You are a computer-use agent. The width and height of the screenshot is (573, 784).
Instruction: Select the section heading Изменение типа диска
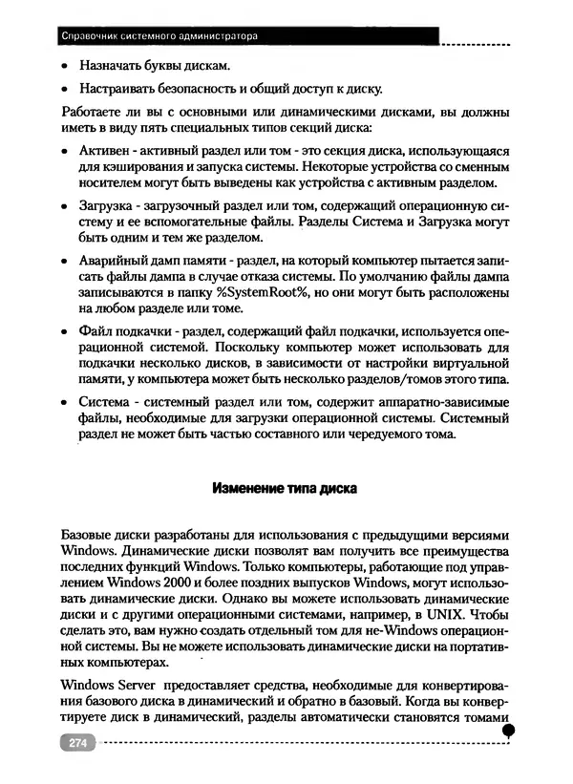pos(284,488)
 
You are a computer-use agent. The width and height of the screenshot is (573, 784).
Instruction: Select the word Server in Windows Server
pos(137,685)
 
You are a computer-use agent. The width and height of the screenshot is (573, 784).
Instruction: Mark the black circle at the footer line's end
pos(509,731)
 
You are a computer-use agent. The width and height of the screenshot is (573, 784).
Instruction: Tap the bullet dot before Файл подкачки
pos(63,330)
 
